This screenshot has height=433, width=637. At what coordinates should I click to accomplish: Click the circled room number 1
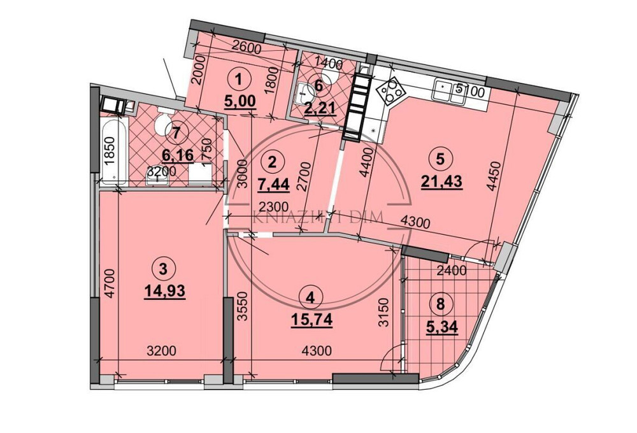point(239,80)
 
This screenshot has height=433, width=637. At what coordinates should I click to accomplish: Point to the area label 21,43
point(441,181)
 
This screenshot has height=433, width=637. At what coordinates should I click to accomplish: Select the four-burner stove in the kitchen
point(390,92)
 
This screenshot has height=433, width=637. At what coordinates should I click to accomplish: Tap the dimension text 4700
point(110,284)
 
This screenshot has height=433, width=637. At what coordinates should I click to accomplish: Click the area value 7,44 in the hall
point(271,185)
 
